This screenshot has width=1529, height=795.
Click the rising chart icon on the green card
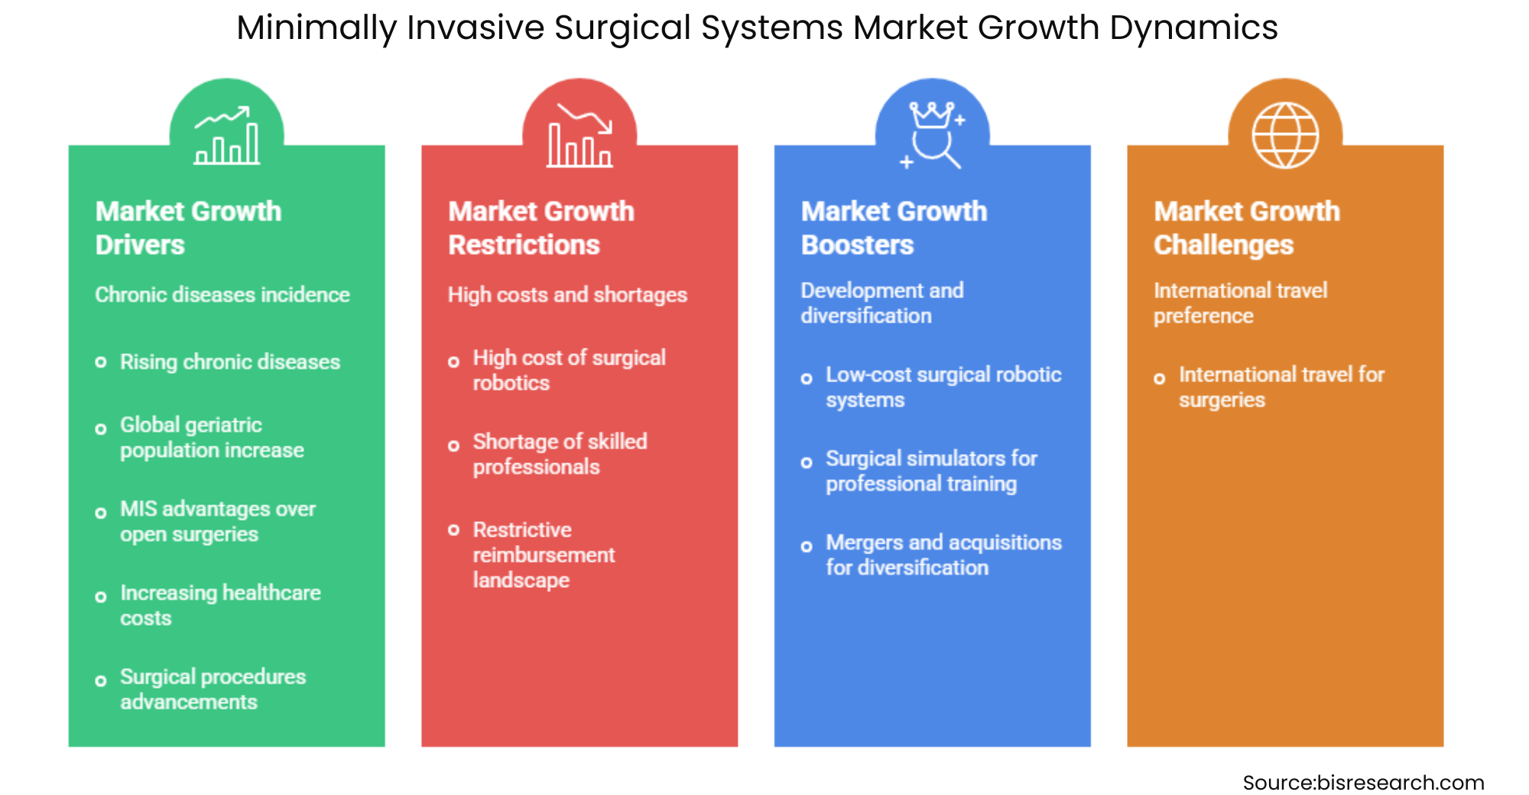tap(226, 136)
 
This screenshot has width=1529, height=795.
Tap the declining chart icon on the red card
tap(579, 136)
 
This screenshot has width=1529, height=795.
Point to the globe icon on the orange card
tap(1285, 135)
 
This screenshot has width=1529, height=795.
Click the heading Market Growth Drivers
tap(188, 228)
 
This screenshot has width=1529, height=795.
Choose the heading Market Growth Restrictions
tap(541, 228)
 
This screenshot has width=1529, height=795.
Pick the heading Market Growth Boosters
tap(894, 228)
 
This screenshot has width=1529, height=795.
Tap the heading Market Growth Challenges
tap(1247, 228)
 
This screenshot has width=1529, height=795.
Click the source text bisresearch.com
tap(1363, 782)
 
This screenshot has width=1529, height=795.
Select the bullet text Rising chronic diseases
tap(230, 362)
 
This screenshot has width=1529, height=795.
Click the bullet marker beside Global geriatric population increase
tap(101, 429)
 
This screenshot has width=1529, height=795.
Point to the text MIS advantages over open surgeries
tap(217, 521)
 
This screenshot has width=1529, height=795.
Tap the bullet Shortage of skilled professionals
tap(560, 454)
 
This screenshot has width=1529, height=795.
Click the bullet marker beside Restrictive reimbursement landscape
tap(454, 530)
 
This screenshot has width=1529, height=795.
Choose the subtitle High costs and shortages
tap(567, 294)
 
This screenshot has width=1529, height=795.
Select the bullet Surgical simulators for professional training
tap(931, 471)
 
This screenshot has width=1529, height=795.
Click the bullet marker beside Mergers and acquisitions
tap(807, 547)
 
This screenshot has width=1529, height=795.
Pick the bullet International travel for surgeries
tap(1281, 387)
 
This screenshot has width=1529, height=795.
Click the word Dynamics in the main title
tap(1193, 28)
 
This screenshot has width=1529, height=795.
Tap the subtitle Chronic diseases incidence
tap(222, 294)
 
